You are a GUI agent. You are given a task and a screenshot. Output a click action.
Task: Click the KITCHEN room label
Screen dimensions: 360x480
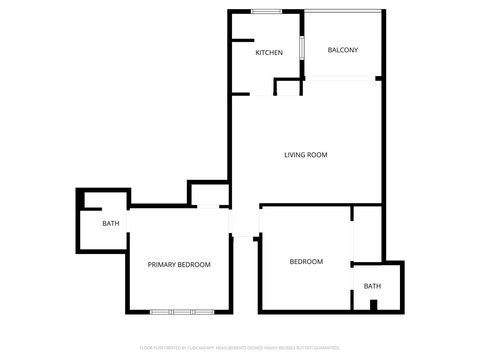[269, 53]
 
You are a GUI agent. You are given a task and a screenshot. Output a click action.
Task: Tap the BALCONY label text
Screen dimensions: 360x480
[343, 50]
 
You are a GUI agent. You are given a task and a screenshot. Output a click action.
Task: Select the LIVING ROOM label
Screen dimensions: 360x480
[306, 155]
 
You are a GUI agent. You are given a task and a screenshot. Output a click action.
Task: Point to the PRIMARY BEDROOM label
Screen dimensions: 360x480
[179, 265]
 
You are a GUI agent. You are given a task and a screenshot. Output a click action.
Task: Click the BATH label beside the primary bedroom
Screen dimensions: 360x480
[111, 223]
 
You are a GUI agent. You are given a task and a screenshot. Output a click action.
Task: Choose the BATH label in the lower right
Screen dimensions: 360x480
[372, 286]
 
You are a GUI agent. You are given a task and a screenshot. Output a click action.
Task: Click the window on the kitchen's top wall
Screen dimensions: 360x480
[266, 12]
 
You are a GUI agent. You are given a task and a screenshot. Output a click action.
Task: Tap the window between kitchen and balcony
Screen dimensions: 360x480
[302, 48]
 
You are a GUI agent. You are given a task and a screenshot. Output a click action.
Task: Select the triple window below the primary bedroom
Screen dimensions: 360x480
[182, 312]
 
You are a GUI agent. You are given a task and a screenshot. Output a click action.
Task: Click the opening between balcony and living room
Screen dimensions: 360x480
[340, 79]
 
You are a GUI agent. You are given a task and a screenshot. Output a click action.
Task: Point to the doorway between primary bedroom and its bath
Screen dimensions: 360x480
[128, 221]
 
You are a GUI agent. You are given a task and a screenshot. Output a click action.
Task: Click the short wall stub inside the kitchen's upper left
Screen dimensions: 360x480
[243, 40]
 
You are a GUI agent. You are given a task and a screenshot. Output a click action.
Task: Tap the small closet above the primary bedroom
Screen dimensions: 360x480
[210, 194]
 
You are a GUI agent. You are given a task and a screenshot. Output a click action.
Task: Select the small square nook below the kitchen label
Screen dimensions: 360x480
[288, 88]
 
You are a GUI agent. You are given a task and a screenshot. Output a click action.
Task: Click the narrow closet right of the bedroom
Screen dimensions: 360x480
[367, 234]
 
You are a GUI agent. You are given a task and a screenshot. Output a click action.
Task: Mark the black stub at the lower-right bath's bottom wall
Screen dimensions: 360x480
[373, 305]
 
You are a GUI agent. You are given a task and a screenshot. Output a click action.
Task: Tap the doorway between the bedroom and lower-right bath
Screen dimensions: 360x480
[352, 279]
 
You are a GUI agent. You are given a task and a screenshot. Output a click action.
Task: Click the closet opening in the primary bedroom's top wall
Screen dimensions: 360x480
[208, 207]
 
